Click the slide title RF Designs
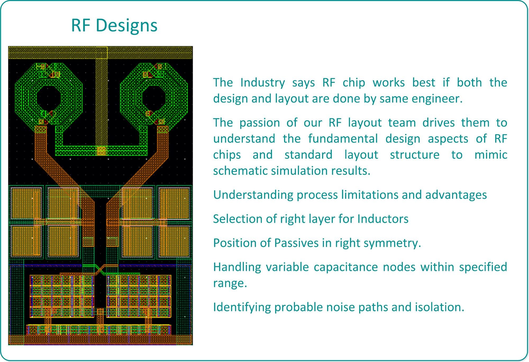[114, 26]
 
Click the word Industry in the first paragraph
[263, 83]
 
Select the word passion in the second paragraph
[260, 123]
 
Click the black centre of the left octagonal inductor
[48, 99]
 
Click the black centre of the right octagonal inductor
[154, 99]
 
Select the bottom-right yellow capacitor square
[174, 241]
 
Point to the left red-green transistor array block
[62, 296]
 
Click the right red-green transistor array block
[139, 296]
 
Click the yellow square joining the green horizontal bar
[101, 150]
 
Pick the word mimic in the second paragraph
[491, 155]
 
